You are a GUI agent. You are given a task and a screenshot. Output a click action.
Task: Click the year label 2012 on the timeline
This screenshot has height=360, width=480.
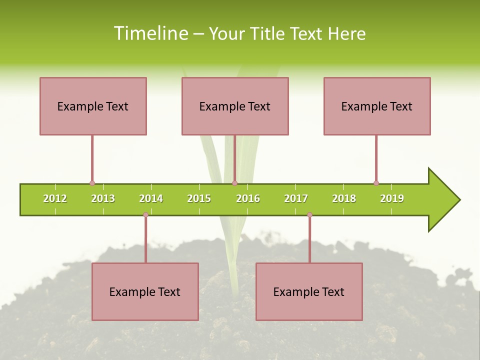point(55,198)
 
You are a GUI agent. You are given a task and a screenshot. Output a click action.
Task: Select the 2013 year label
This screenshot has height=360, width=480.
point(103,198)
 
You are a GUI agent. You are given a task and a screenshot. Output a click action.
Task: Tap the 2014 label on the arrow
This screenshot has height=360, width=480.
point(151,198)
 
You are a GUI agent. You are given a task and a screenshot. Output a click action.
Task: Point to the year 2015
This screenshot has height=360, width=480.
point(199,198)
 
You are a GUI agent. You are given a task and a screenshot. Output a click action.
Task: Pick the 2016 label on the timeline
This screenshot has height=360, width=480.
point(248,198)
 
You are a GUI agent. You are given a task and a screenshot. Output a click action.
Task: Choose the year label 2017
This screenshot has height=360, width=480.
point(296,198)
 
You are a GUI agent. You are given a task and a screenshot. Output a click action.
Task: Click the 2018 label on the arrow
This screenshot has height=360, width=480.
point(344,198)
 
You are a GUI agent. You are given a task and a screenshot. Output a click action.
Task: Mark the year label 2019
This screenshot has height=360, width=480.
point(392,198)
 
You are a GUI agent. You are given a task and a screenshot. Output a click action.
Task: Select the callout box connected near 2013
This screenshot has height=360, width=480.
point(93,106)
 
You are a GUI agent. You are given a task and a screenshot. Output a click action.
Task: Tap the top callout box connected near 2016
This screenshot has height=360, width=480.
point(235,106)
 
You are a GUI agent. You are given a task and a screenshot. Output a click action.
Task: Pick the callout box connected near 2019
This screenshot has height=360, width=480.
point(377,106)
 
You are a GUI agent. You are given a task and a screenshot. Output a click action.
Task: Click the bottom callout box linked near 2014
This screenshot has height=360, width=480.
point(145,291)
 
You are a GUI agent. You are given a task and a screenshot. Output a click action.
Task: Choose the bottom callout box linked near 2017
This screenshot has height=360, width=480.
point(309,291)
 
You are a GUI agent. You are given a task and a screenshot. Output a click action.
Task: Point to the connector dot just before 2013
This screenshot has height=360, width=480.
point(92,183)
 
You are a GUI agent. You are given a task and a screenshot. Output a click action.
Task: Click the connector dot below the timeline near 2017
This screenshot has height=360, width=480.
point(309,214)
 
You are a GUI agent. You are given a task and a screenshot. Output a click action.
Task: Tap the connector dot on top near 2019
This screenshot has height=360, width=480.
point(376,183)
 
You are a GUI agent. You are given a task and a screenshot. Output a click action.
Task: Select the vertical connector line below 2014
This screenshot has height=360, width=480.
point(145,239)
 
